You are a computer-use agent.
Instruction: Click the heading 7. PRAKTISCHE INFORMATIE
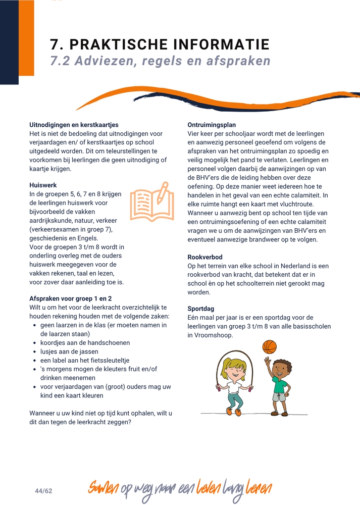pos(160,44)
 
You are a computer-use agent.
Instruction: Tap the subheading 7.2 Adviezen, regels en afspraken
pos(161,61)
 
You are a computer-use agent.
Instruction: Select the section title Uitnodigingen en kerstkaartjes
pos(74,125)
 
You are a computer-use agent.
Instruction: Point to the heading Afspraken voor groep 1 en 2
pos(71,298)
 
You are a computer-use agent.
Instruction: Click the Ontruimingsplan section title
pos(212,125)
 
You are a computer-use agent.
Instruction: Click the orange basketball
pos(270,347)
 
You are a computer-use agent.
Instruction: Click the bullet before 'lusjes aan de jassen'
pos(35,352)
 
